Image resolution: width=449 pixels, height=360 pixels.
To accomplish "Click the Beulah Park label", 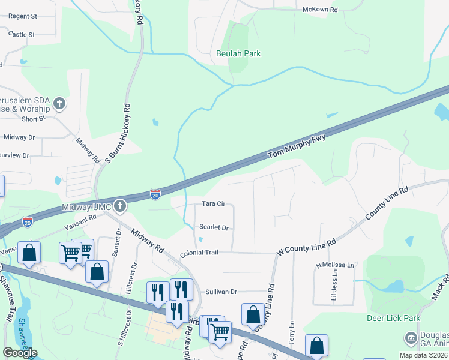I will (238, 53).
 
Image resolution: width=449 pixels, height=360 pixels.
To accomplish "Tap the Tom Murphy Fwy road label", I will (296, 147).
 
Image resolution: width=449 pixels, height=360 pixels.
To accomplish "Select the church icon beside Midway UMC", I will (120, 206).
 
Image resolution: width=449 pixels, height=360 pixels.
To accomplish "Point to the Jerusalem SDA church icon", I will (59, 104).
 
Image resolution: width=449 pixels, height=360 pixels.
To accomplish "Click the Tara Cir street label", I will (213, 204).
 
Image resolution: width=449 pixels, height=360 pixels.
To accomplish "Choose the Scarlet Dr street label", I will (214, 228).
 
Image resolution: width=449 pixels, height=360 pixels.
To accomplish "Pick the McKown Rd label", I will (320, 10).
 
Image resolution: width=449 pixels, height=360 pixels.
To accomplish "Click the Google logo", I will (20, 353).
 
